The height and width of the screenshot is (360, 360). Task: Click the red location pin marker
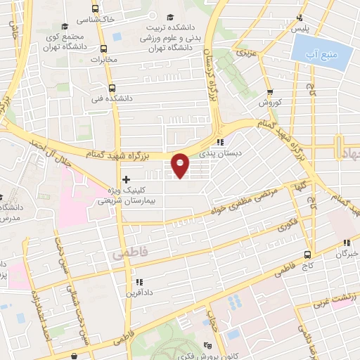tap(181, 165)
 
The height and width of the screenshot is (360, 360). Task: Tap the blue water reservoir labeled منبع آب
tap(321, 52)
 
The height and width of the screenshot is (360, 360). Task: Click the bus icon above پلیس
tap(301, 18)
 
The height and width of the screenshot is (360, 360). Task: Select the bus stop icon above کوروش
tap(270, 91)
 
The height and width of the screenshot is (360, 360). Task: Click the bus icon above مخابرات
tap(104, 49)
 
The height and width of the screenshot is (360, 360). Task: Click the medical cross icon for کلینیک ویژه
tap(126, 179)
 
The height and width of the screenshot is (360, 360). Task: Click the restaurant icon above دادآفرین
tap(139, 282)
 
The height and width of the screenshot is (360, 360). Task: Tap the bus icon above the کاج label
tap(308, 255)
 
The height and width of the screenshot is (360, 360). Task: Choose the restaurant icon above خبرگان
tap(346, 243)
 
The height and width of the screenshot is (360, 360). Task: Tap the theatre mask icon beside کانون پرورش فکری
tap(207, 345)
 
